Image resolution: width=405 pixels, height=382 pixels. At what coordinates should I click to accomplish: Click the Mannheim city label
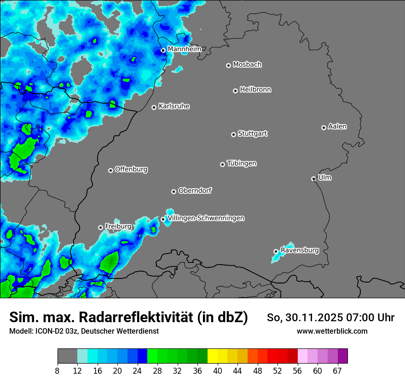pos(184,49)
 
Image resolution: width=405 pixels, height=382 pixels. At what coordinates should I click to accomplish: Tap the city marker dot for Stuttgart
pos(234,134)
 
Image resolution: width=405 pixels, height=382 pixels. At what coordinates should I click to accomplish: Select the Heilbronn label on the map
pos(255,89)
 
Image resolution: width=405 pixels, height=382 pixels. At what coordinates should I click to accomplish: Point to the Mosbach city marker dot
pos(228,65)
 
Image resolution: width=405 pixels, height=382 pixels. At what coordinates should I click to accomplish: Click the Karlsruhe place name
pos(174,106)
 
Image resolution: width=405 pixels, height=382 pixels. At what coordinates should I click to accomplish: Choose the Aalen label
pos(337,126)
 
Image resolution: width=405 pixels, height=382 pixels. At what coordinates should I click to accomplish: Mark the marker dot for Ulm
pos(313,179)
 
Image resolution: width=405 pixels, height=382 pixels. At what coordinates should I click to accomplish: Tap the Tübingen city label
pos(242,163)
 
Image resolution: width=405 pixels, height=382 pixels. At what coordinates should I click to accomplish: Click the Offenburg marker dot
pos(110,170)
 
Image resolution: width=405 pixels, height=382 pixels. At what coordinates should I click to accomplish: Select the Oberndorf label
pos(195,191)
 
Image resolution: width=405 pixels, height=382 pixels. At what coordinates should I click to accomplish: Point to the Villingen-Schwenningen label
pos(206,218)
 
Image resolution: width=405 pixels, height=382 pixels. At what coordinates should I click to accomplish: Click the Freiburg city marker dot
pos(100,227)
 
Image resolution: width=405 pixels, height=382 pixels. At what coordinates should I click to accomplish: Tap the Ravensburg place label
pos(300,250)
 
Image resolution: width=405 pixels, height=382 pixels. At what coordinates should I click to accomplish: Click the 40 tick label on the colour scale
pos(218,371)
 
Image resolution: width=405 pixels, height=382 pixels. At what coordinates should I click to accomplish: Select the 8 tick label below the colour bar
pos(58,371)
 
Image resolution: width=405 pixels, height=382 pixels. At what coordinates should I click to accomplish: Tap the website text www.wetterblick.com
pos(332,331)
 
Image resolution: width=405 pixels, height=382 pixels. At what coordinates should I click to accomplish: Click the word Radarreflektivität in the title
pos(138,317)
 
